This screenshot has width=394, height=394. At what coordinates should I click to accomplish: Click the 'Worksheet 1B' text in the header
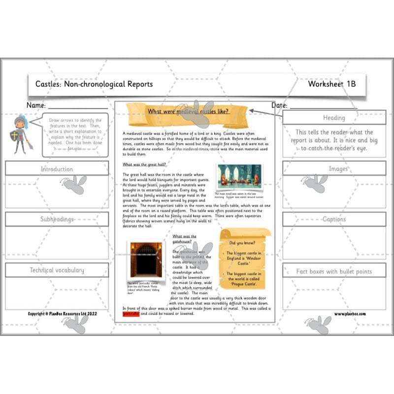(x=331, y=84)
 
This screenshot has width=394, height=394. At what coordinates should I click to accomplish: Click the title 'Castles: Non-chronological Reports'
(x=94, y=84)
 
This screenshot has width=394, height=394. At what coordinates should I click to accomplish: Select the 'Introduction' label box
(x=57, y=169)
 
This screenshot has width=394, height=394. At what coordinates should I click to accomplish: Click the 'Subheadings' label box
(x=57, y=219)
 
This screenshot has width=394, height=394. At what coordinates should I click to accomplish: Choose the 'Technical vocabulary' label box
(x=57, y=270)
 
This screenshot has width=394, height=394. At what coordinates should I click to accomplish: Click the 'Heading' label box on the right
(x=334, y=118)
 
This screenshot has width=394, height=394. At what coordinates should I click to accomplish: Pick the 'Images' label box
(x=334, y=168)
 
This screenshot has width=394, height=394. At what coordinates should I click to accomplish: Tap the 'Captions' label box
(x=334, y=219)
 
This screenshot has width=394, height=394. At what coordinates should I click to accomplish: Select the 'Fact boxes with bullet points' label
(x=334, y=271)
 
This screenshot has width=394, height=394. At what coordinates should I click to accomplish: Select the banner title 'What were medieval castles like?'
(x=188, y=111)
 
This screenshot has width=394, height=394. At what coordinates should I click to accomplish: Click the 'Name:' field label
(x=36, y=105)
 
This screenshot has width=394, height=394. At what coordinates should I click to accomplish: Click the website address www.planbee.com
(x=350, y=314)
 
